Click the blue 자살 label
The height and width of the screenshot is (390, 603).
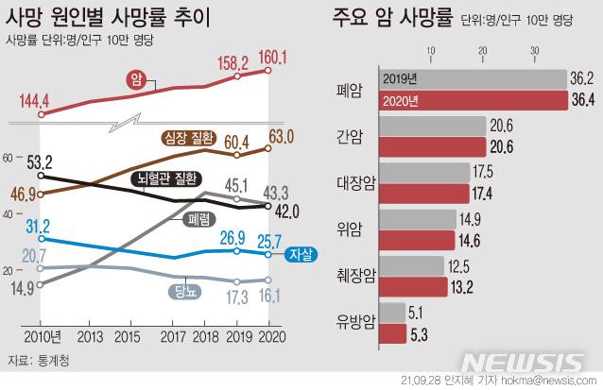pos(301,253)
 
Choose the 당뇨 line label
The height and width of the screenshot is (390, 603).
pos(189,289)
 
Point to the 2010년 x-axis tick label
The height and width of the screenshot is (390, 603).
pos(42,337)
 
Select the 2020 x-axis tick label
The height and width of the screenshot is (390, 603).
pos(270,337)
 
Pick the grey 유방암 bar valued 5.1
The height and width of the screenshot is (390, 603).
pos(392,314)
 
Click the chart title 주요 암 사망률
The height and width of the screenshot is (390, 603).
pos(391,18)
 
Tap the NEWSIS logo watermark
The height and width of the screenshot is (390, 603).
pos(525,362)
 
